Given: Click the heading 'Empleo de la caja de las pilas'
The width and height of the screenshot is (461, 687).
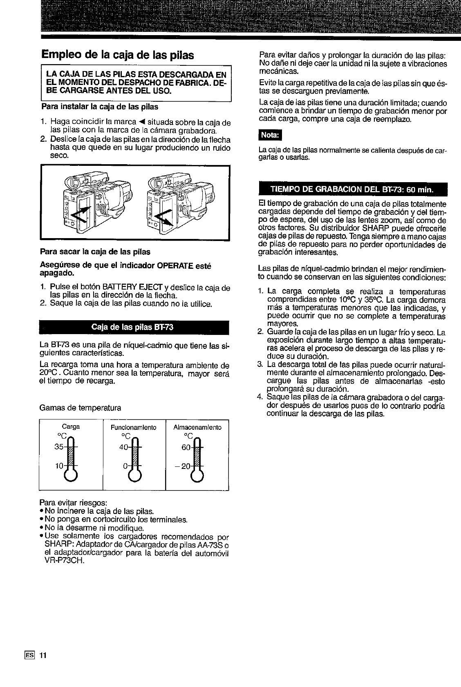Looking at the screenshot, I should pyautogui.click(x=117, y=55).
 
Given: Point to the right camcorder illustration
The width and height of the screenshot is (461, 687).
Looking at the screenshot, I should pyautogui.click(x=182, y=203).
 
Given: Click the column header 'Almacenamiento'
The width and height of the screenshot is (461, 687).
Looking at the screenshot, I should pyautogui.click(x=197, y=427).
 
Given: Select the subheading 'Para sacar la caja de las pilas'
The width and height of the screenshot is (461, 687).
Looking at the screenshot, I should pyautogui.click(x=95, y=251).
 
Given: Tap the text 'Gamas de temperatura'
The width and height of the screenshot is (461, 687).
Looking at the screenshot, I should pyautogui.click(x=80, y=408).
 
